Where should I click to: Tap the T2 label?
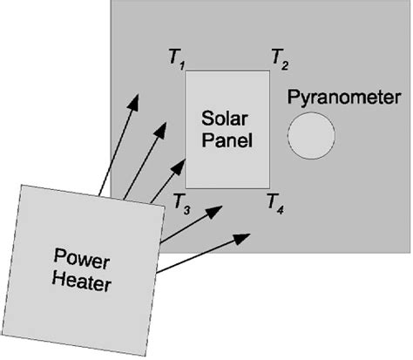tap(280, 59)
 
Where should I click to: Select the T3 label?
tap(181, 202)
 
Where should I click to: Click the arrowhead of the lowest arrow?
tap(247, 236)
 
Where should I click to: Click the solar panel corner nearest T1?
tap(186, 72)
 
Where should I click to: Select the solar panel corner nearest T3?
tap(186, 187)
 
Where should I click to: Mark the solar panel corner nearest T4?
tap(268, 187)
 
